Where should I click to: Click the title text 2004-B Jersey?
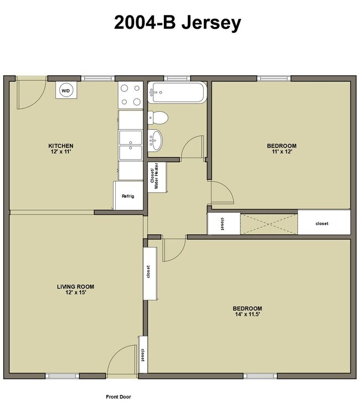tap(178, 23)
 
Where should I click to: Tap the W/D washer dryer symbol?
tap(65, 90)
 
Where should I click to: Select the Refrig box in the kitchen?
tap(128, 196)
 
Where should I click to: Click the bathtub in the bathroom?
tap(177, 93)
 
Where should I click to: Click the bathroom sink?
tap(157, 140)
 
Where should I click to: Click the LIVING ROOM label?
tap(75, 286)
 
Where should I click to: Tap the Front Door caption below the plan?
tap(119, 397)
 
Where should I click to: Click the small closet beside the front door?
tap(143, 353)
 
